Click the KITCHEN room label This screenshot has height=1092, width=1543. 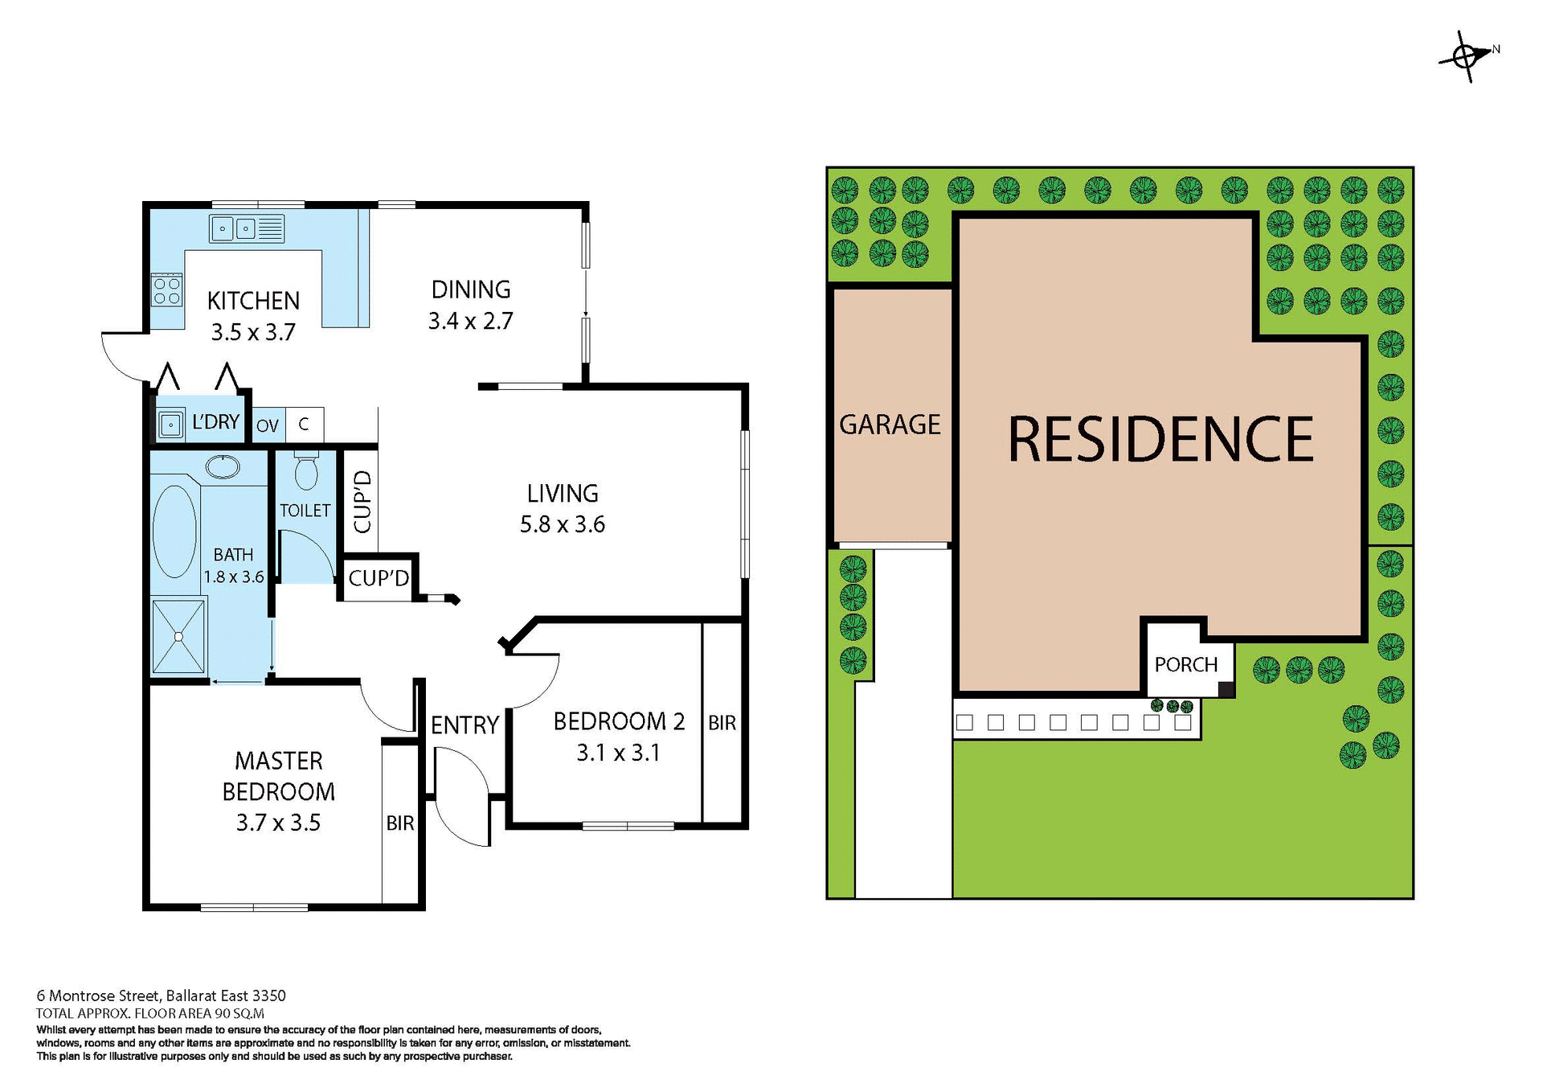253,301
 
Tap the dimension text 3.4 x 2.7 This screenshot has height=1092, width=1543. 470,321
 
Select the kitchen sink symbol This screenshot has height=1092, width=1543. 246,229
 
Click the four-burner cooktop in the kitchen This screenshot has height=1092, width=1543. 167,290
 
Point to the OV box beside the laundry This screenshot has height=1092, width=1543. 268,425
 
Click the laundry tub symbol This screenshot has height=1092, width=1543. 170,424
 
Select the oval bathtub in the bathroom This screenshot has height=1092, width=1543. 174,532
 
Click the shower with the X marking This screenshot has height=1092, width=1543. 178,636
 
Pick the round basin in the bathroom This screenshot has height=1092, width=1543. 223,466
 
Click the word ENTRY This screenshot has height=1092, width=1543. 465,725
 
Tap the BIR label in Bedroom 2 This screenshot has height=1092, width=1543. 722,723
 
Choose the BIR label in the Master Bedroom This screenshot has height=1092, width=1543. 400,823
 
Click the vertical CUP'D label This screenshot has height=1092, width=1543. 362,503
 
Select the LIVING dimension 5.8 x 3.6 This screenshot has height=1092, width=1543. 562,524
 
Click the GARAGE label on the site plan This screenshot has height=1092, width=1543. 890,425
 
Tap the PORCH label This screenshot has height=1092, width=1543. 1185,665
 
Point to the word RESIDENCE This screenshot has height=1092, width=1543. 1160,439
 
